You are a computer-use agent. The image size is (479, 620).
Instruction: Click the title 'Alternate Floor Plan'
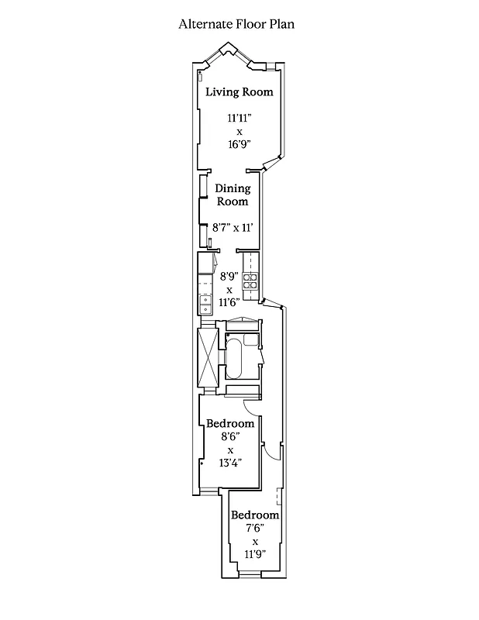click(x=236, y=24)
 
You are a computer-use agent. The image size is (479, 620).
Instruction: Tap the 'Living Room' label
click(x=239, y=91)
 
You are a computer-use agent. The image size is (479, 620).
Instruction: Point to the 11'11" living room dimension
click(x=239, y=119)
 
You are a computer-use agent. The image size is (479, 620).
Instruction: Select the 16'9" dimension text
click(x=239, y=144)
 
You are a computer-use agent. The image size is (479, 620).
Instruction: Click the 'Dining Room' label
click(x=232, y=195)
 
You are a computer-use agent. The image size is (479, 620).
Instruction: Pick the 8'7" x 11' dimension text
click(x=233, y=228)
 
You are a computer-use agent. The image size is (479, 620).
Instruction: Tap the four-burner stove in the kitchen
click(x=250, y=284)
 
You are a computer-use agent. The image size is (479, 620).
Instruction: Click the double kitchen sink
click(x=205, y=305)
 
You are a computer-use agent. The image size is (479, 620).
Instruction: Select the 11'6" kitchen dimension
click(x=229, y=302)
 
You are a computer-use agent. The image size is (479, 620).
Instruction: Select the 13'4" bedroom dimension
click(x=230, y=463)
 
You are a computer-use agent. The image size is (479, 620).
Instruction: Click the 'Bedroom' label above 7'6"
click(x=255, y=515)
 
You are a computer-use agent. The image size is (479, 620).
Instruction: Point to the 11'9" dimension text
click(x=255, y=554)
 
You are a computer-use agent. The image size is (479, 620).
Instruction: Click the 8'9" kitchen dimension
click(x=229, y=276)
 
